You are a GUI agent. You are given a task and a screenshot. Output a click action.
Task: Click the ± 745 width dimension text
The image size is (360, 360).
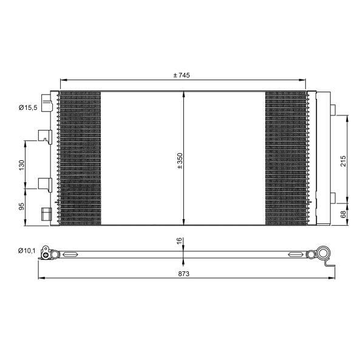pyautogui.click(x=182, y=75)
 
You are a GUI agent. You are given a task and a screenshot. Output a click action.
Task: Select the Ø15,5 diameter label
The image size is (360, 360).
pyautogui.click(x=28, y=107)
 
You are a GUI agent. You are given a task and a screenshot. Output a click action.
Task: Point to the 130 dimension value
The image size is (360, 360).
pyautogui.click(x=21, y=164)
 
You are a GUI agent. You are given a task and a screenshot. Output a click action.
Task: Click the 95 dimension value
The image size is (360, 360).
pyautogui.click(x=21, y=206)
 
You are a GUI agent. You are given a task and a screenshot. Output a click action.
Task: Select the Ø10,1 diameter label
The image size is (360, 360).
pyautogui.click(x=27, y=250)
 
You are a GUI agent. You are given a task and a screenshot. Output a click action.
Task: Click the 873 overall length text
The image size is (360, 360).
pyautogui.click(x=184, y=274)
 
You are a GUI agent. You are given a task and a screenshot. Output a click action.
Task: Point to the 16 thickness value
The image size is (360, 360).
pyautogui.click(x=180, y=241)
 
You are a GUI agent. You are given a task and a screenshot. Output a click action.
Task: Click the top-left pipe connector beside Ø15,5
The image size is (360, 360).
pyautogui.click(x=46, y=102)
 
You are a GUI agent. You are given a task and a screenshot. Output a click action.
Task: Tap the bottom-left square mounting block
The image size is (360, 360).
pyautogui.click(x=45, y=214)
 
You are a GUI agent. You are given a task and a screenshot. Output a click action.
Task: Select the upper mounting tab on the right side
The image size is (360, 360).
pyautogui.click(x=333, y=109)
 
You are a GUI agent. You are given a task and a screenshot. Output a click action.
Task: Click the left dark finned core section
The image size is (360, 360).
pyautogui.click(x=80, y=158)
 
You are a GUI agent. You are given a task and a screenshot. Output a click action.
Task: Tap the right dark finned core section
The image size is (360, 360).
pyautogui.click(x=286, y=158)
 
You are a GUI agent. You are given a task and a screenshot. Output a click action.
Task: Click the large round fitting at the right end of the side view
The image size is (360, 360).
pyautogui.click(x=324, y=255)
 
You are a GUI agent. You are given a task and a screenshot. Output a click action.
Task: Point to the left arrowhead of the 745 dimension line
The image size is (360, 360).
pyautogui.click(x=61, y=80)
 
